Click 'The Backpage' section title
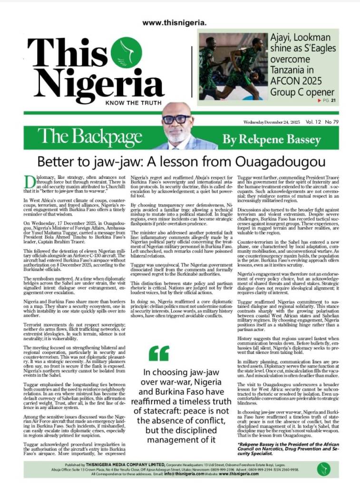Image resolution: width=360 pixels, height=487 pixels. point(90,137)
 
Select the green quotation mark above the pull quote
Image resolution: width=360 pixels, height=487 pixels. point(159,352)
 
